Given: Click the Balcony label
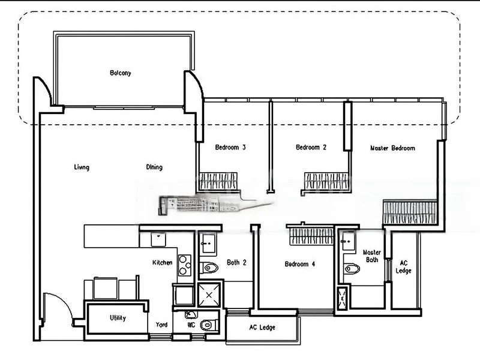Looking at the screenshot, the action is tap(121, 73).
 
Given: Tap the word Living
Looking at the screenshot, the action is tap(82, 167).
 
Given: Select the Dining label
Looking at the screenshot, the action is tap(154, 167).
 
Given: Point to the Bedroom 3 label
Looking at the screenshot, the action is tap(230, 147).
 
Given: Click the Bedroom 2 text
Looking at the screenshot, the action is tap(311, 147).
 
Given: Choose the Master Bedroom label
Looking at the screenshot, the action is tap(393, 148).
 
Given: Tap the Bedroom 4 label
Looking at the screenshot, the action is tap(299, 264).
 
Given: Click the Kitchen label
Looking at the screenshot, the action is tap(162, 262).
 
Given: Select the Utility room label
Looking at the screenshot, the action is tap(118, 318).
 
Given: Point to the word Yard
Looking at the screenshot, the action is tap(161, 325).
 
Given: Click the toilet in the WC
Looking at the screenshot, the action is tap(209, 325).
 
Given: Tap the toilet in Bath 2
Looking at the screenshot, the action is tap(209, 268).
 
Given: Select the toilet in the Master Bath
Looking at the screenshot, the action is tap(352, 269).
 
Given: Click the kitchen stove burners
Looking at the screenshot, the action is tap(185, 265).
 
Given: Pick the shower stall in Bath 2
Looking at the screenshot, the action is tap(209, 295).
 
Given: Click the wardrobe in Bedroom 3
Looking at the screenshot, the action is tap(218, 182).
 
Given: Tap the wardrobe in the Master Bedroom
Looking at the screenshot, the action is tap(410, 212).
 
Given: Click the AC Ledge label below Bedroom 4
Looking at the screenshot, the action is tap(262, 328).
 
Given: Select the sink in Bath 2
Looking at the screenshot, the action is tap(208, 244).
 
